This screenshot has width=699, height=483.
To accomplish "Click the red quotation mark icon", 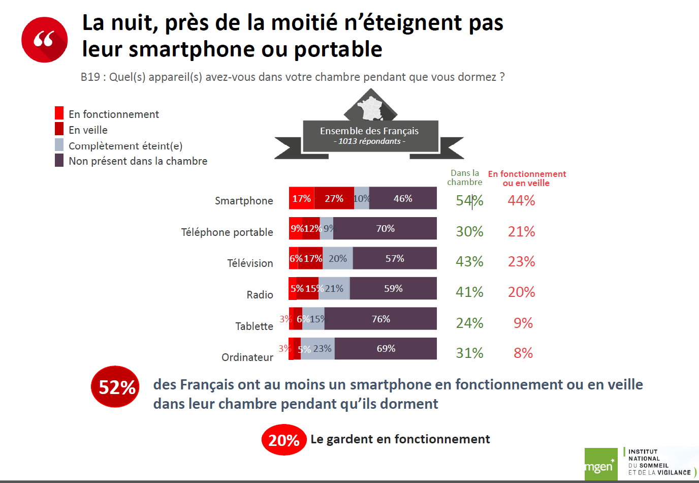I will pyautogui.click(x=45, y=40).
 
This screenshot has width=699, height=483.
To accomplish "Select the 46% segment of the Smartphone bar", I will pyautogui.click(x=403, y=198).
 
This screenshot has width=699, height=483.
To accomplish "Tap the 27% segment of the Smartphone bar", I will pyautogui.click(x=334, y=198).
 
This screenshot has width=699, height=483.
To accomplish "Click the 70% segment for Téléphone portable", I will pyautogui.click(x=385, y=228).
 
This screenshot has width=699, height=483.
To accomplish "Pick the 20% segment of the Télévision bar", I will pyautogui.click(x=338, y=258).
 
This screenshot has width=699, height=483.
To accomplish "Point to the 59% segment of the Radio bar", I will pyautogui.click(x=393, y=288).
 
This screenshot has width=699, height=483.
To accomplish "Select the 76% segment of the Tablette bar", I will pyautogui.click(x=380, y=319).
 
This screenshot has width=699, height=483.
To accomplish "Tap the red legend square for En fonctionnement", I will pyautogui.click(x=59, y=113).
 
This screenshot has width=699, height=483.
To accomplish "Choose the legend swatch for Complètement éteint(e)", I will pyautogui.click(x=59, y=145).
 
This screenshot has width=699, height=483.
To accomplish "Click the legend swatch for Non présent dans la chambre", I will pyautogui.click(x=59, y=161).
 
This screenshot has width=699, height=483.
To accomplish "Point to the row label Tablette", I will pyautogui.click(x=254, y=326).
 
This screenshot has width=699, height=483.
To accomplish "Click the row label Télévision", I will pyautogui.click(x=250, y=263).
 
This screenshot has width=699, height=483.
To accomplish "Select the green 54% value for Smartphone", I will pyautogui.click(x=469, y=201).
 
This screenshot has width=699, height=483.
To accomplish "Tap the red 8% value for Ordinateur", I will pyautogui.click(x=523, y=353).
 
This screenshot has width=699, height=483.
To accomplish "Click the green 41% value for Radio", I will pyautogui.click(x=469, y=292).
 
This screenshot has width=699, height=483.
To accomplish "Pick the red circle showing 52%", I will pyautogui.click(x=116, y=387).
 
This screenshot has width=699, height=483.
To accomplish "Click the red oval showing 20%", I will pyautogui.click(x=283, y=440).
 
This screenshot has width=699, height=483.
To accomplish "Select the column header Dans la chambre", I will pyautogui.click(x=465, y=177).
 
